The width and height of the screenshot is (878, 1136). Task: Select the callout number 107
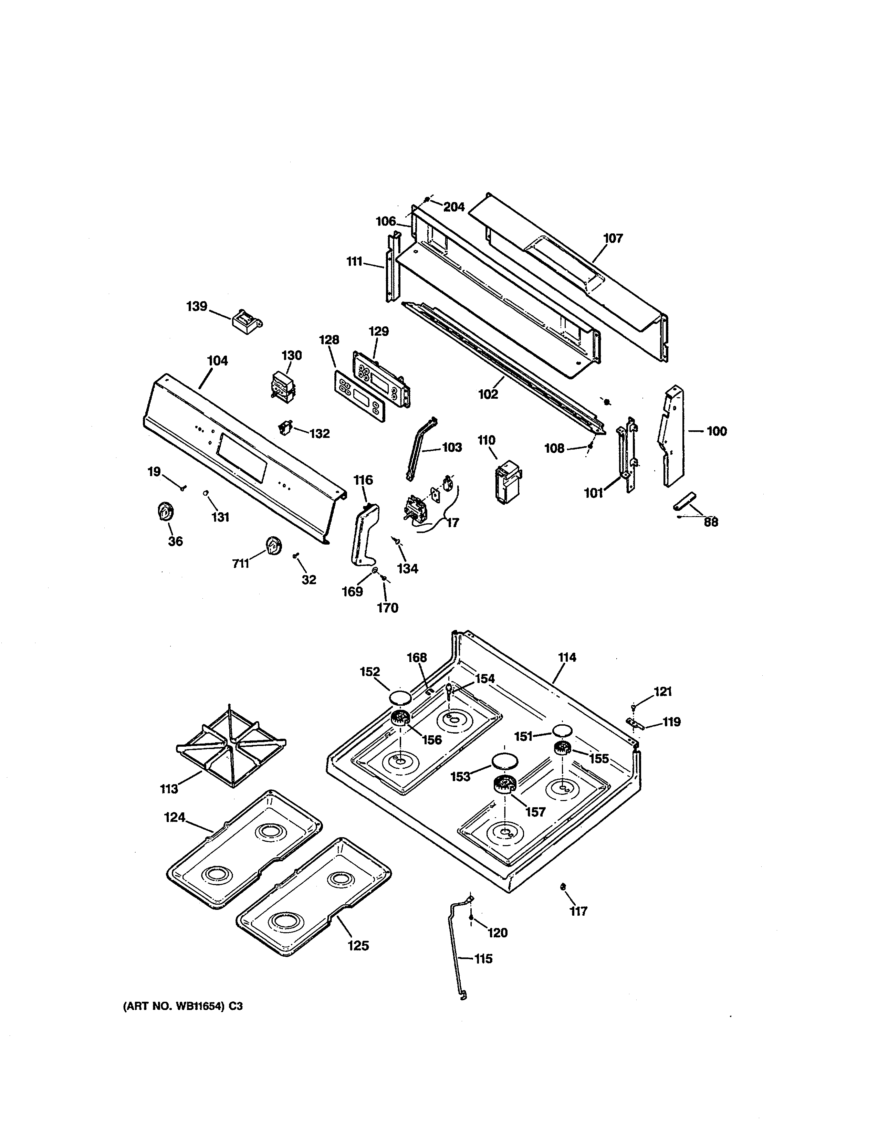pyautogui.click(x=613, y=238)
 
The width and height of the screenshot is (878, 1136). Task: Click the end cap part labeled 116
pyautogui.click(x=364, y=533)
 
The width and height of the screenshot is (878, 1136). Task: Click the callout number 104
pyautogui.click(x=217, y=360)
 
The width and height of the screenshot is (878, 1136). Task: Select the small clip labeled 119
pyautogui.click(x=634, y=724)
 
